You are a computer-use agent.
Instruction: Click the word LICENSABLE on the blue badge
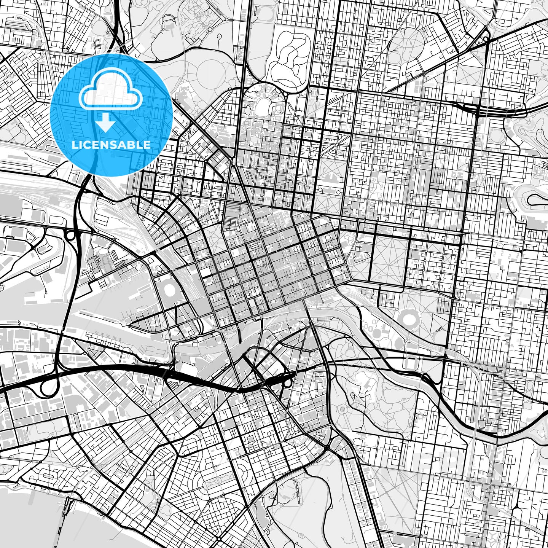click(x=111, y=145)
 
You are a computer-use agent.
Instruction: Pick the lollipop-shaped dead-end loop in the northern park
click(x=220, y=37)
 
